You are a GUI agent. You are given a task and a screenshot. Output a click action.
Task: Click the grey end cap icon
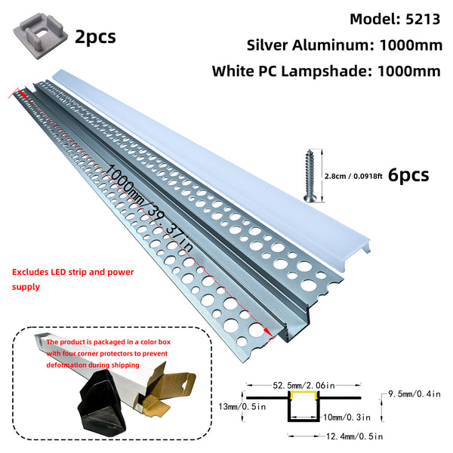point(36,35)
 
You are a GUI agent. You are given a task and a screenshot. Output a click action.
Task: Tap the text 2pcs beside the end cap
point(95,35)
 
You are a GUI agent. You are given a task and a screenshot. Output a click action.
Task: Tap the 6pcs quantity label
point(408,175)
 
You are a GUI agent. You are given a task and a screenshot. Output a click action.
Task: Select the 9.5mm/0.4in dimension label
point(419,392)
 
